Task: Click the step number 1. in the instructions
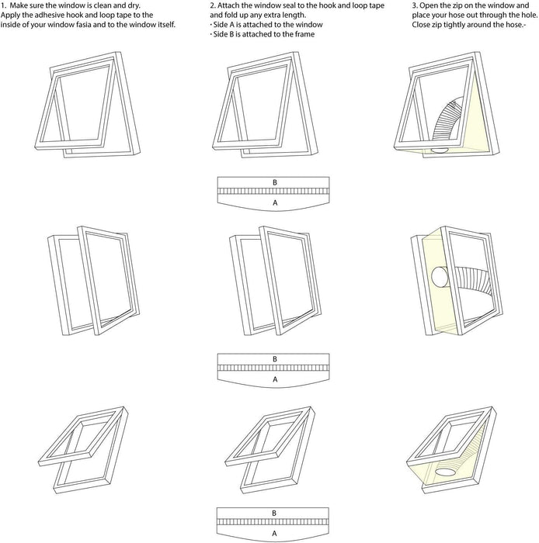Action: click(x=4, y=5)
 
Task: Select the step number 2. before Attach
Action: click(x=213, y=5)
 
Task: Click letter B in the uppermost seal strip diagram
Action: click(x=274, y=182)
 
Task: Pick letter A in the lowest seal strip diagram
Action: click(x=274, y=534)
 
